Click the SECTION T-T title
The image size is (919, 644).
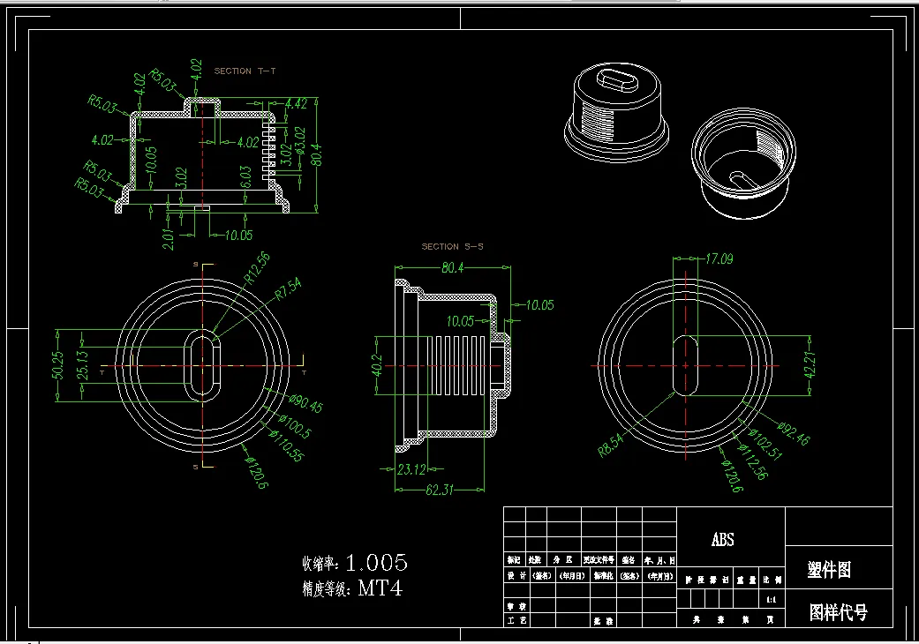(245, 71)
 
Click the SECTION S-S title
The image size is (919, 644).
(452, 247)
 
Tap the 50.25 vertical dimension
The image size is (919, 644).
(57, 366)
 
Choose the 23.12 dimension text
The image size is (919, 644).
(412, 469)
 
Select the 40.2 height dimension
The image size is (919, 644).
(376, 364)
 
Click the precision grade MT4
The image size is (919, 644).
(380, 588)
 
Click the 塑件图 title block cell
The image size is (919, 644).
(829, 571)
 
